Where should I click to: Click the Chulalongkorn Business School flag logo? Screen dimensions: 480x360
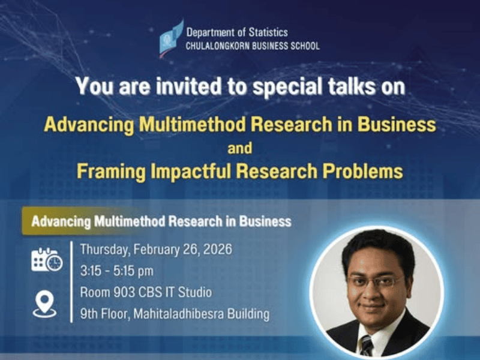tap(172, 38)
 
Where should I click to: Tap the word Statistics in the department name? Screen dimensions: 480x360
tap(268, 32)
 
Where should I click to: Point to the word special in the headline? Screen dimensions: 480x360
tap(288, 87)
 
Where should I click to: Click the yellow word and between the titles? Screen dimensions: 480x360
tap(240, 148)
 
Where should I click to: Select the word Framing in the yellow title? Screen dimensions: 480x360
tap(111, 172)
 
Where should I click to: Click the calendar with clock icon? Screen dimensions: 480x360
tap(47, 260)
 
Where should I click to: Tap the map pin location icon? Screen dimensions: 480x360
tap(44, 304)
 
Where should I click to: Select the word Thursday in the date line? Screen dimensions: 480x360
tap(104, 250)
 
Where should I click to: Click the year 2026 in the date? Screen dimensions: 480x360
tap(218, 250)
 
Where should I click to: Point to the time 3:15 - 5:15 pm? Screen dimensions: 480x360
tap(116, 271)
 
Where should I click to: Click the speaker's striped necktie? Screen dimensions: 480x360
tap(367, 346)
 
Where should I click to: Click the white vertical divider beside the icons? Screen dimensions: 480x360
tap(71, 281)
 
